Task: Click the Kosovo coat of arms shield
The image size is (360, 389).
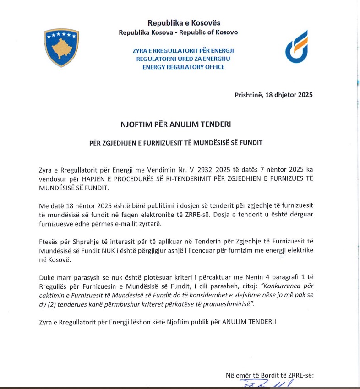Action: (x=61, y=48)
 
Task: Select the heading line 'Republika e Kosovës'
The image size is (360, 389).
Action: (x=178, y=23)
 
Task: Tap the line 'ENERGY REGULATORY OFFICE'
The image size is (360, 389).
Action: (x=184, y=67)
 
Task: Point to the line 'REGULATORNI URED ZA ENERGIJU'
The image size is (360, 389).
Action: (x=184, y=59)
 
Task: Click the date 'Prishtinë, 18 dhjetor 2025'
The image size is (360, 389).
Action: (x=273, y=96)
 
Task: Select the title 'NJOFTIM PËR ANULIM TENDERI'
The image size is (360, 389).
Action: (x=176, y=124)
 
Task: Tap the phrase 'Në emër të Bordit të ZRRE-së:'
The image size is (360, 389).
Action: (x=270, y=376)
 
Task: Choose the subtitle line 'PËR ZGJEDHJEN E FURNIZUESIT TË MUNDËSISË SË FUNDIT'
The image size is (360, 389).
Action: (x=176, y=143)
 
